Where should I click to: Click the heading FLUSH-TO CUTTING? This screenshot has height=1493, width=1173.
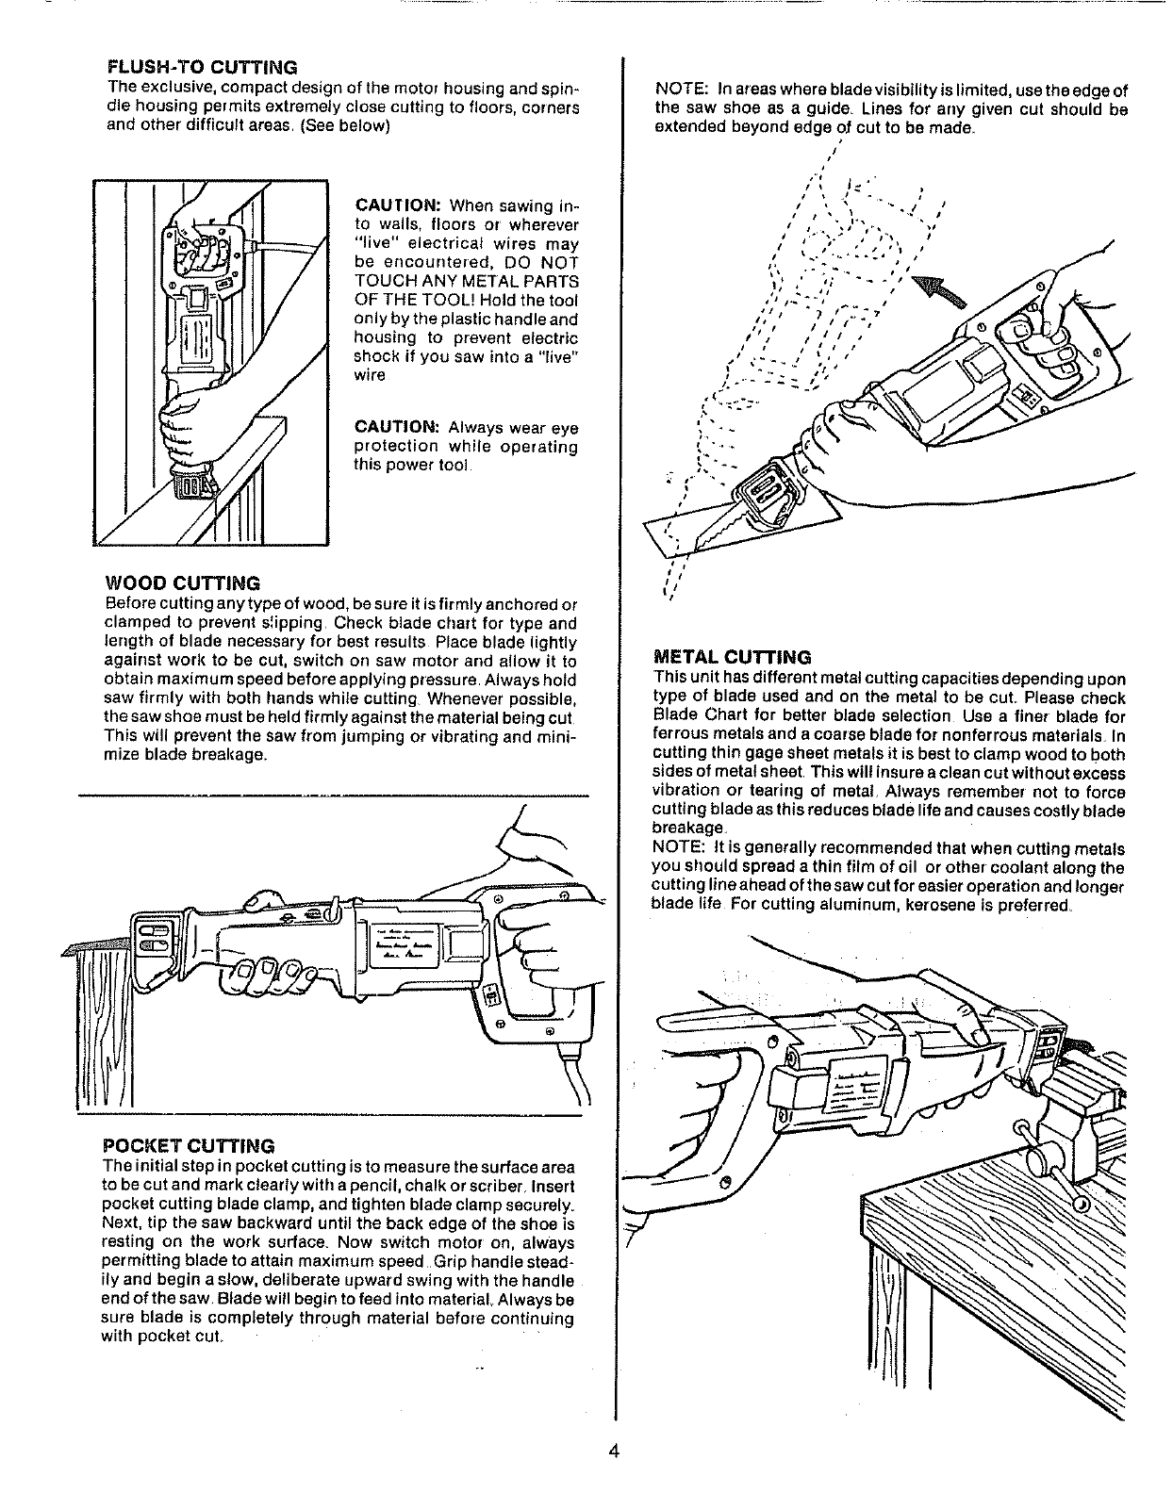(203, 68)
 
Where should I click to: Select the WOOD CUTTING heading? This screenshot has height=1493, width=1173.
(180, 583)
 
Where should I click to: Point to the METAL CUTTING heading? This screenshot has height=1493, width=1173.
(732, 656)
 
